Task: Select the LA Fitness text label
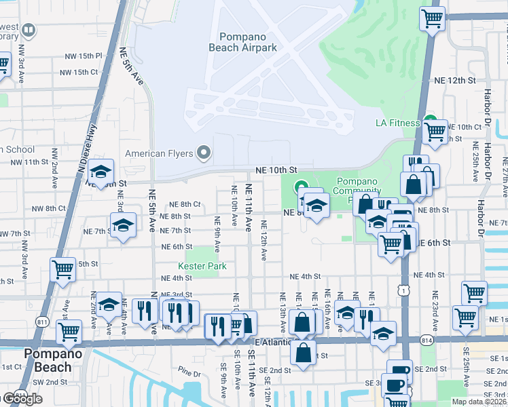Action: point(398,123)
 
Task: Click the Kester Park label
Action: point(202,267)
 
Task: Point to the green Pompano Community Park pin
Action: point(300,187)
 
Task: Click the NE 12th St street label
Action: point(453,81)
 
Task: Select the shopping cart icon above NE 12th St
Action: point(431,18)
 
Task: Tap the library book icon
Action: point(29,30)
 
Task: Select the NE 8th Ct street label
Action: point(185,204)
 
